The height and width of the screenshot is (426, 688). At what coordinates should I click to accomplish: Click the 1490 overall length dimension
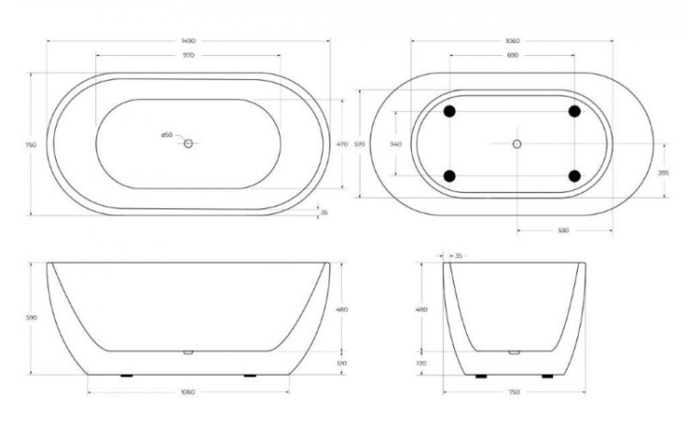coord(187,41)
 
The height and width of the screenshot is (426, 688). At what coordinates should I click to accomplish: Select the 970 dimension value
coord(187,56)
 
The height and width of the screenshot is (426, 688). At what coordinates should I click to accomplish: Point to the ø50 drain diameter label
coord(167,135)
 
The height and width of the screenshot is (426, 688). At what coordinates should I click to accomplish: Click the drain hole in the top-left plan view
coord(188,143)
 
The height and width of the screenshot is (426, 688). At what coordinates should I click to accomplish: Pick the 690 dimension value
coord(513,56)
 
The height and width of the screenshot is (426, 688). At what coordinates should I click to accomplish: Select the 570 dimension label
coord(361,143)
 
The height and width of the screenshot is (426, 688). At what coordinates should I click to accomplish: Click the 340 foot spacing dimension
coord(395,143)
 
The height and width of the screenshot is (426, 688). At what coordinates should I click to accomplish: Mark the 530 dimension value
coord(562,230)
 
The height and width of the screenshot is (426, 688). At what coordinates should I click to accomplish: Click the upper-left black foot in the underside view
coord(449,111)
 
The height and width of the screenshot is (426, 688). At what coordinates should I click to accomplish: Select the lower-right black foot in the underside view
coord(574,175)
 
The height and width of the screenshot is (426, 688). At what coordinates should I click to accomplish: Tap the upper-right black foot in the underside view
coord(574,111)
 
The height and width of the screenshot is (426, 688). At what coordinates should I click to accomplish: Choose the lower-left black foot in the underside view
coord(449,175)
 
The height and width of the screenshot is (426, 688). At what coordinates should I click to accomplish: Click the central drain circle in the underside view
coord(516,143)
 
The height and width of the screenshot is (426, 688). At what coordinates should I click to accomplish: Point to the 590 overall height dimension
coord(31,319)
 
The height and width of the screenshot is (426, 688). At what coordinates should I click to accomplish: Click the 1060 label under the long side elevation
coord(187,392)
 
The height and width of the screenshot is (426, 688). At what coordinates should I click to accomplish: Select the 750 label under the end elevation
coord(514,392)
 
